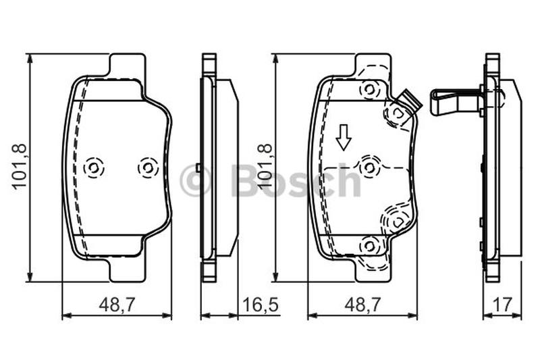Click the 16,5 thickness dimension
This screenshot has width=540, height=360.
coord(261,305)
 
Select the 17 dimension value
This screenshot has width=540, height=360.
coord(503,305)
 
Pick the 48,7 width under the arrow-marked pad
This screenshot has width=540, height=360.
coord(363,305)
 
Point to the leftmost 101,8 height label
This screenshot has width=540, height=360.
coord(20,166)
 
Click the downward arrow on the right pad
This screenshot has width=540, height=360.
coord(344,138)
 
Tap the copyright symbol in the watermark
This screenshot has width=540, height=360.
coord(195,180)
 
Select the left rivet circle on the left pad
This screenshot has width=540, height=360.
coord(94,168)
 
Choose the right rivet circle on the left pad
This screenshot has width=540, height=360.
coord(148,168)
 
